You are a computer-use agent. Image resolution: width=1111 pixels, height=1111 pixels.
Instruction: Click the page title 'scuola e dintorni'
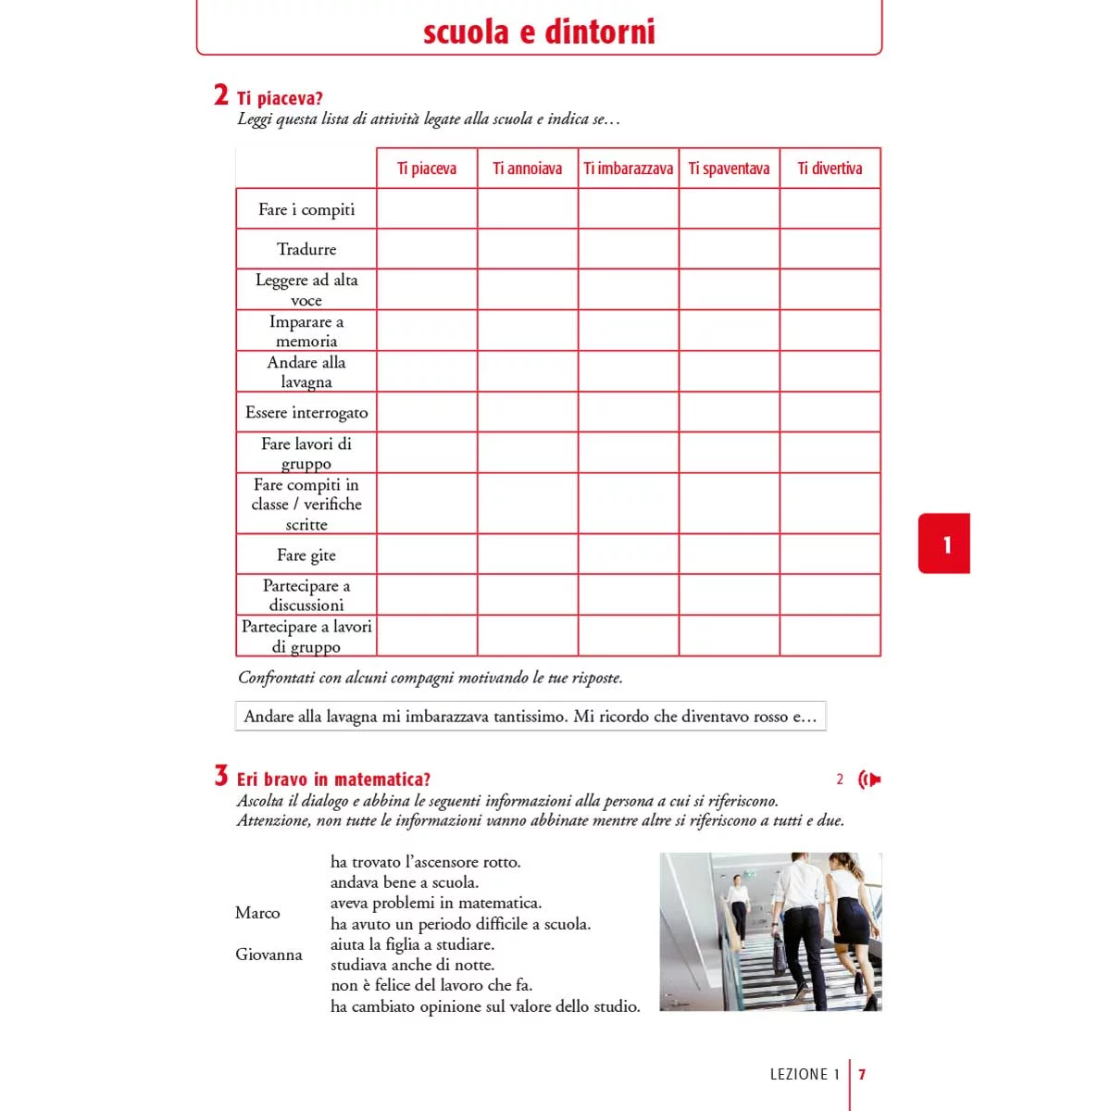539,31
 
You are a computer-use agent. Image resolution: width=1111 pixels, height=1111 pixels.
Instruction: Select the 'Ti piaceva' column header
427,169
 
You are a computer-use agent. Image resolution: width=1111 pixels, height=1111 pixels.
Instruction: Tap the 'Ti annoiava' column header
527,169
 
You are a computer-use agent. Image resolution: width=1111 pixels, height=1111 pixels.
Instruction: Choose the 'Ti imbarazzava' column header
628,169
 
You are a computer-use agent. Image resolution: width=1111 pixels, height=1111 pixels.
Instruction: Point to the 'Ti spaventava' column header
729,169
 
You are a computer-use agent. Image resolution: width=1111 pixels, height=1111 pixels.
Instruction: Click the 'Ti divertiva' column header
830,169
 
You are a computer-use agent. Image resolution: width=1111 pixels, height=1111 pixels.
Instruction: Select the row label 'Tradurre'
306,249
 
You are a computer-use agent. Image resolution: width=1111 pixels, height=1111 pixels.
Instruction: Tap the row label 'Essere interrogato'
306,412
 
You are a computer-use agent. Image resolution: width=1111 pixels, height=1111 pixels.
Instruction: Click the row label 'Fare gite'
306,555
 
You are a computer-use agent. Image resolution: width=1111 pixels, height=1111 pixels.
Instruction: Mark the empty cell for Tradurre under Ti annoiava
528,249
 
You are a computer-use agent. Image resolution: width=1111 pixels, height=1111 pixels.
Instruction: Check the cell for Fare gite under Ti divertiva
830,555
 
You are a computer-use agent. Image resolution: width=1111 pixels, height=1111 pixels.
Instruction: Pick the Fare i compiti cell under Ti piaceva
427,209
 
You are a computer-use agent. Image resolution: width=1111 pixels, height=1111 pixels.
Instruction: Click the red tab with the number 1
945,544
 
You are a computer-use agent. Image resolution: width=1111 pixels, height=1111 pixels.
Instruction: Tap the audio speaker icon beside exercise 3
869,780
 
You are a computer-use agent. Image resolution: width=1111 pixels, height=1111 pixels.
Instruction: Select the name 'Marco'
257,913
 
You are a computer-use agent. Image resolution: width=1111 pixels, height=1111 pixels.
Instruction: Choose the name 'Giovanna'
268,955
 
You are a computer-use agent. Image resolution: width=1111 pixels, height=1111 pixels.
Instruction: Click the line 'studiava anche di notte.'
412,965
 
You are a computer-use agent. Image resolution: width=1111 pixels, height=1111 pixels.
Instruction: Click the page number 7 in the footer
862,1075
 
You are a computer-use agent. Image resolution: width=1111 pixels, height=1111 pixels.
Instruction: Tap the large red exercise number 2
221,94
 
